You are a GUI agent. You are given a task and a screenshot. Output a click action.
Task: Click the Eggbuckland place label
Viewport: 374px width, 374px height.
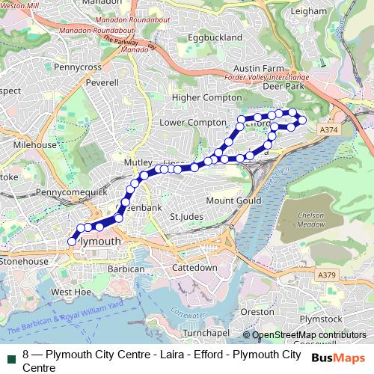[215, 37]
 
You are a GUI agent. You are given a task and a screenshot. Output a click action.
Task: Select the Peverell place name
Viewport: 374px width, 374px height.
[102, 83]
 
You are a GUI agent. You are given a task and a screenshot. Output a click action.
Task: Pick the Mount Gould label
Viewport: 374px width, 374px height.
[233, 200]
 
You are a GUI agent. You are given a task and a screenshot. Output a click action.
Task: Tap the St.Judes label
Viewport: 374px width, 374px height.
[187, 218]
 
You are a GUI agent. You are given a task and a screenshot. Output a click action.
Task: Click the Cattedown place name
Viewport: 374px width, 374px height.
[194, 267]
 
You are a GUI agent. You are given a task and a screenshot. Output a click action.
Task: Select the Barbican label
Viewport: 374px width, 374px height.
[126, 269]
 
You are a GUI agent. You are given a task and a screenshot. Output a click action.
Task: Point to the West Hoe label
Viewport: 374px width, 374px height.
[71, 292]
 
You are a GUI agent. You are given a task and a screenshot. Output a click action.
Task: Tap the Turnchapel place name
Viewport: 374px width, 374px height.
[205, 332]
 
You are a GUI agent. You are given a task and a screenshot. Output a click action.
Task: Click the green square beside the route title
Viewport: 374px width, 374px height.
[11, 354]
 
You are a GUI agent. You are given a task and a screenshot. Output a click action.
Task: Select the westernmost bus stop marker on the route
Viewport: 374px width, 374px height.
[72, 241]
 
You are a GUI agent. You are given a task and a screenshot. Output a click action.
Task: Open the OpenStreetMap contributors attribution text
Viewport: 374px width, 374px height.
[309, 335]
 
